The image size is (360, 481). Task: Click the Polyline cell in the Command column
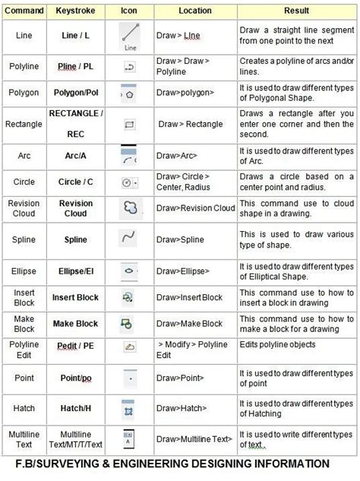24,66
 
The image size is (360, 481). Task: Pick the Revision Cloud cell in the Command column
24,208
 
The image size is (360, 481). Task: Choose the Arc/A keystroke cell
75,154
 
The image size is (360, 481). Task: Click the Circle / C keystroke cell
75,182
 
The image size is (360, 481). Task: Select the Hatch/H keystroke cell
75,408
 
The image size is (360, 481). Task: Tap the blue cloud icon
130,207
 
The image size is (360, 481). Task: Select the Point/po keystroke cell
75,377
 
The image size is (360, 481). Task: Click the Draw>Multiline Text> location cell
194,439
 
